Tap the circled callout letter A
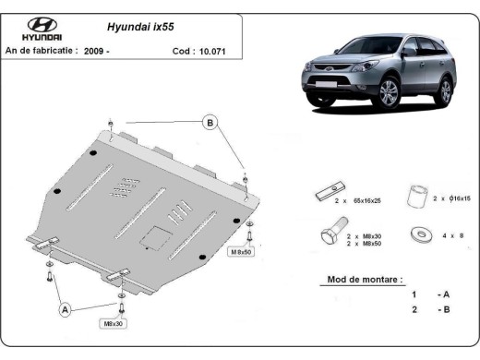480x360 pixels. [x=66, y=310]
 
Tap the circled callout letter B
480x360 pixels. [x=210, y=123]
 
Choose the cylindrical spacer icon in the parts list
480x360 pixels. [x=418, y=196]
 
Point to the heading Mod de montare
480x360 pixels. [x=365, y=278]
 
